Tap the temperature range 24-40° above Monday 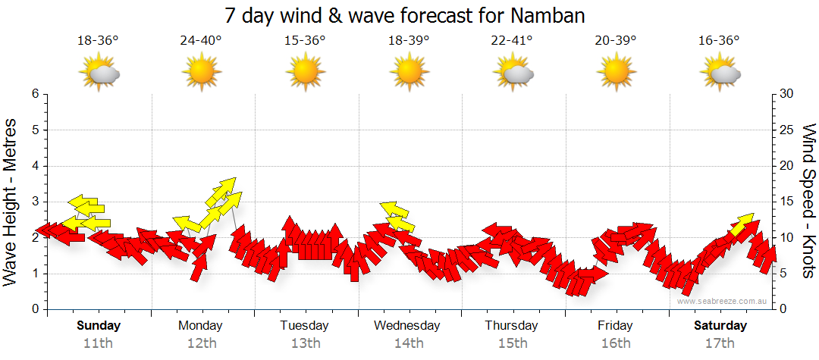(201, 41)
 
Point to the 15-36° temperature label (305, 41)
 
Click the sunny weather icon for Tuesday (305, 73)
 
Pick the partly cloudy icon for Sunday (99, 73)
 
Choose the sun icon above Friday (615, 73)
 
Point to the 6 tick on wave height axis (34, 94)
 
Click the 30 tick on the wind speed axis (787, 94)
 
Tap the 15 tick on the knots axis (787, 202)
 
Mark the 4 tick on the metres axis (34, 166)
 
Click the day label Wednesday (407, 326)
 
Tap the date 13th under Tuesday (305, 343)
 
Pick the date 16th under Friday (615, 343)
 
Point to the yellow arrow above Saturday (742, 225)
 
